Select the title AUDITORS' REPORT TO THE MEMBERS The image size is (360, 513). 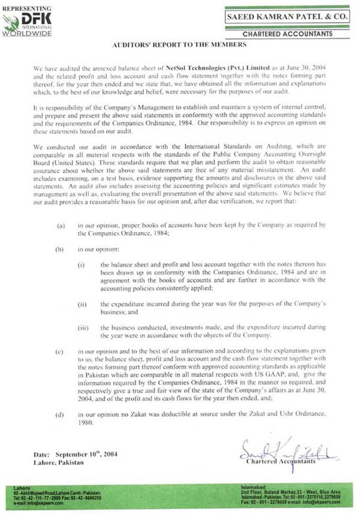(x=179, y=45)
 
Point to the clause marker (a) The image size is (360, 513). (x=61, y=225)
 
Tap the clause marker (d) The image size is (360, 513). (x=61, y=413)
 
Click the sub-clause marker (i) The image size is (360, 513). (x=81, y=265)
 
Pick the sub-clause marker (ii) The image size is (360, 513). (x=82, y=304)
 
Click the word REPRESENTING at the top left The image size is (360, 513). (x=26, y=8)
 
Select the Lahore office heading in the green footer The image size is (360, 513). (x=22, y=487)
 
